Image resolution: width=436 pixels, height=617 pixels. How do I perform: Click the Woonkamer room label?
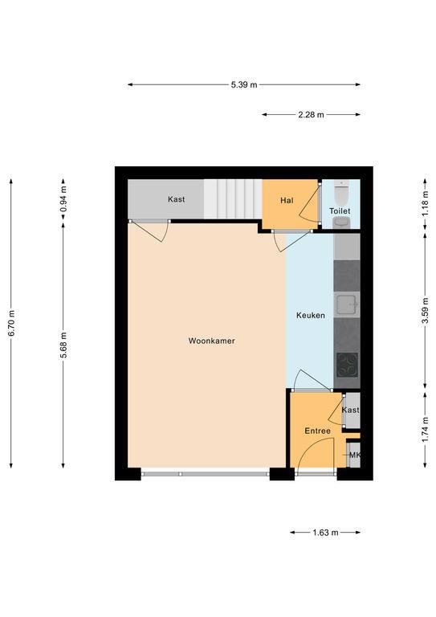tap(211, 341)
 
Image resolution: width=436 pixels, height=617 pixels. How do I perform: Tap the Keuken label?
tap(311, 315)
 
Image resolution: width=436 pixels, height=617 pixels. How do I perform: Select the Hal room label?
tap(287, 200)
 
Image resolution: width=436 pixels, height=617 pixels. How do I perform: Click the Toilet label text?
tap(340, 211)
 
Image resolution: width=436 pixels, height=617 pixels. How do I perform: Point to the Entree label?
tap(318, 431)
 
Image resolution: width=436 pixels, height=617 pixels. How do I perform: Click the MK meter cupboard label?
tap(355, 455)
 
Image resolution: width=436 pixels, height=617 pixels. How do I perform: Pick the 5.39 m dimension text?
tap(244, 84)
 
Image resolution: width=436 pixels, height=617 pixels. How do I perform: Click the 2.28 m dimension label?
tap(311, 115)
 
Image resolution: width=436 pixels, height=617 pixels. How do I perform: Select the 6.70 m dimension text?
tap(11, 323)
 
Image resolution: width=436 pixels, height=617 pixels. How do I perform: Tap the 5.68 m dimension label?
tap(63, 345)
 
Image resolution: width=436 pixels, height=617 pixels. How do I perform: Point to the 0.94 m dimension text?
tap(63, 198)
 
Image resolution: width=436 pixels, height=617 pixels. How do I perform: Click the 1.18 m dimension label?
tap(425, 203)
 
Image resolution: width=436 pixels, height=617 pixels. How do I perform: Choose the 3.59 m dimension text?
tap(425, 311)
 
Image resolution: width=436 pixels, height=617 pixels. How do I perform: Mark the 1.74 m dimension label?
tap(425, 429)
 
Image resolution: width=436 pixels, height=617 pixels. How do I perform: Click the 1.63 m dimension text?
tap(325, 533)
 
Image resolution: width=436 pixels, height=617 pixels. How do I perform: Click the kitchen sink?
tap(347, 304)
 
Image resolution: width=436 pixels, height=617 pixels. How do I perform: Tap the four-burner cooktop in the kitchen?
tap(347, 365)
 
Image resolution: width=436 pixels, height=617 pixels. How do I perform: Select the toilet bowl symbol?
tap(341, 193)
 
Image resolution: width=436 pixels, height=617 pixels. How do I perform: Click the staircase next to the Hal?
tap(233, 199)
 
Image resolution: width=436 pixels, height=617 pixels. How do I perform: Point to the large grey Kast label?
tap(176, 199)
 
